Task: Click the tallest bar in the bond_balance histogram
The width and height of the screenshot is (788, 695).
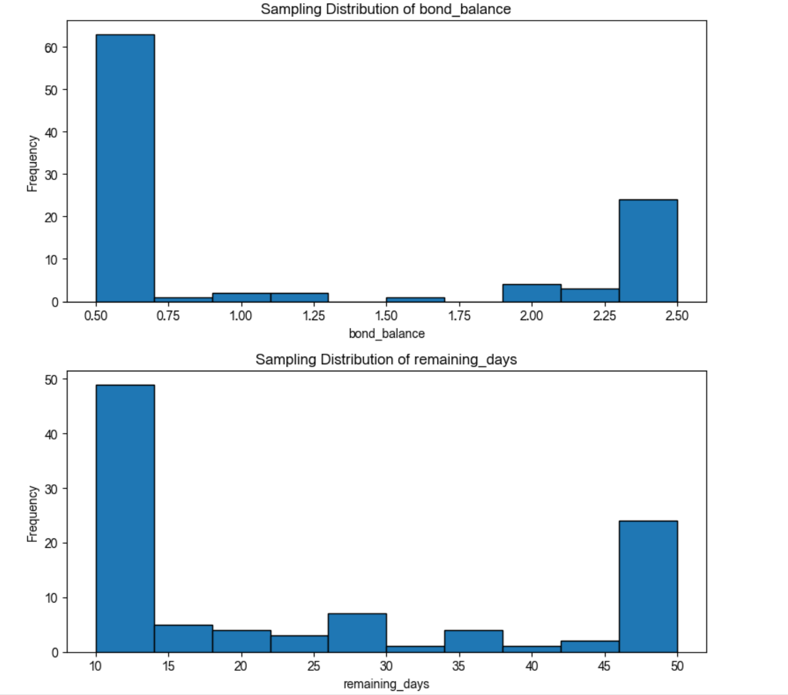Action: click(x=125, y=168)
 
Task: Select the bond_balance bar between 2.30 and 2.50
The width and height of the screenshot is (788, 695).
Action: click(x=648, y=251)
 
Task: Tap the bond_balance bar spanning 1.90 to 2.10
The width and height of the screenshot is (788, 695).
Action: click(x=532, y=293)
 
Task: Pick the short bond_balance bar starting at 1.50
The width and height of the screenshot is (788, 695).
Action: click(x=415, y=300)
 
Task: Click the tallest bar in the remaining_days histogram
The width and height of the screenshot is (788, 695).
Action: click(x=125, y=518)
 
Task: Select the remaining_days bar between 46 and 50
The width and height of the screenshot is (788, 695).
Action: click(x=648, y=586)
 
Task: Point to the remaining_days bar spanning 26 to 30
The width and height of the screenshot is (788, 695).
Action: click(x=357, y=633)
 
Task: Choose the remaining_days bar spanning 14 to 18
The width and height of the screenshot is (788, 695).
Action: click(x=183, y=639)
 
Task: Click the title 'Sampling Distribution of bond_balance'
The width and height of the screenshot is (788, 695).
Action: click(x=386, y=9)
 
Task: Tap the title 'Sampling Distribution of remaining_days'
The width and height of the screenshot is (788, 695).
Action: click(x=386, y=360)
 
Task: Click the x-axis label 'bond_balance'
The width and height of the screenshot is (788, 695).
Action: click(x=386, y=334)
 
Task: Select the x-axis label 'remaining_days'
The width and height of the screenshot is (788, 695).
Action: click(x=386, y=684)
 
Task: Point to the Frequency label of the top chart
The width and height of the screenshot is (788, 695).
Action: click(x=32, y=164)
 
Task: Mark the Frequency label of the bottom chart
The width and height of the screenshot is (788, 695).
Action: click(x=32, y=514)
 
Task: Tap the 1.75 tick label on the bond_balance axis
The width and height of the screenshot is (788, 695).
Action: click(x=459, y=316)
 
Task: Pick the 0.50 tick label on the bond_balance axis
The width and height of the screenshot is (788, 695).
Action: click(x=96, y=316)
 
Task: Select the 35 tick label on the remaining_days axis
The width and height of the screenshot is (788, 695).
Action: click(x=459, y=666)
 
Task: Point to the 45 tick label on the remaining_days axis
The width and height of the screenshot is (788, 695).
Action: click(x=605, y=666)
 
